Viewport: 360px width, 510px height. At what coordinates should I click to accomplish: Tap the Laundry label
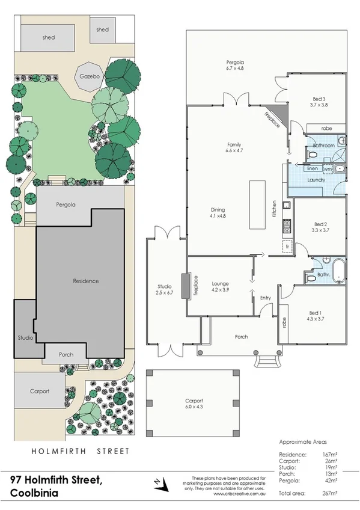316,180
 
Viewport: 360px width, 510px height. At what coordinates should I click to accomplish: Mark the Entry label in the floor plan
266,298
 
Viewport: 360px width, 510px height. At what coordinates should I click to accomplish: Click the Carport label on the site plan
39,390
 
